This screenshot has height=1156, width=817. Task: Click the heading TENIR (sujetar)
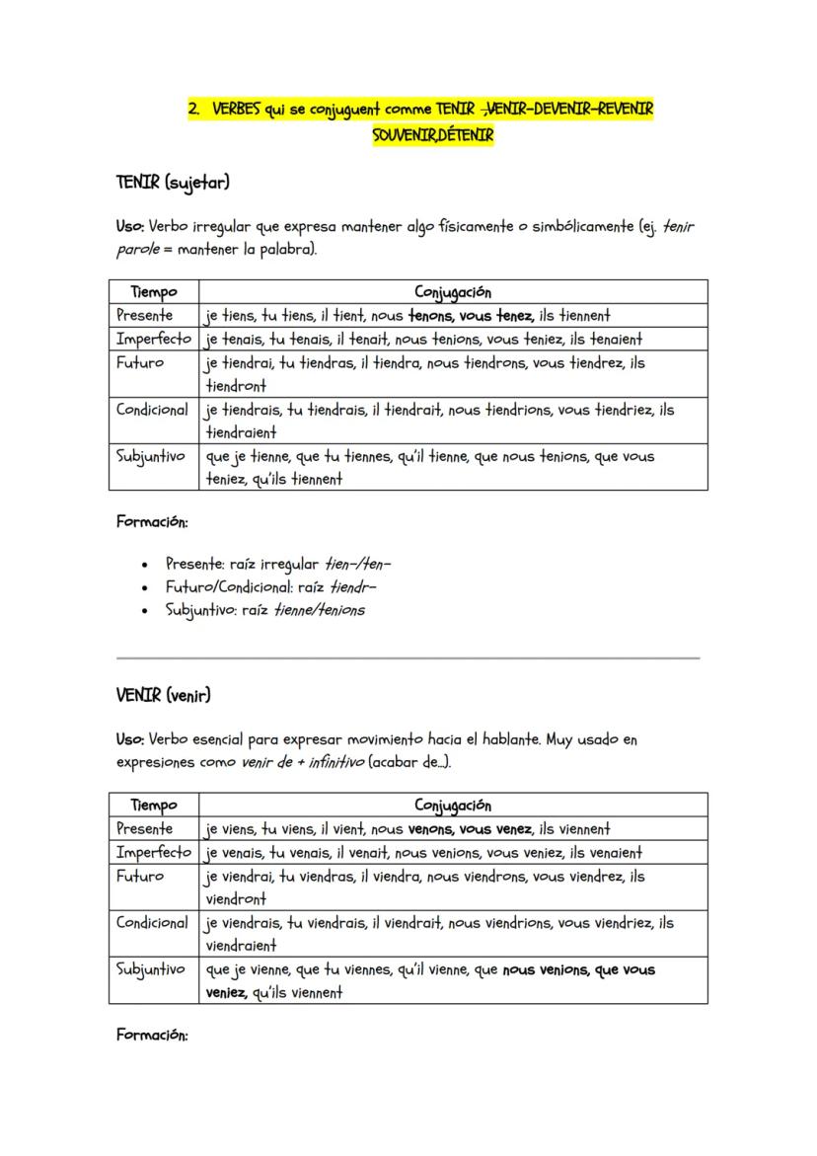click(173, 184)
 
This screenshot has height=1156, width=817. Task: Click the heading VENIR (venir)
click(164, 696)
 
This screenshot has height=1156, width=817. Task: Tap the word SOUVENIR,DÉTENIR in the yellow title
click(433, 136)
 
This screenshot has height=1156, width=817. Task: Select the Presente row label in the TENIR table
click(145, 315)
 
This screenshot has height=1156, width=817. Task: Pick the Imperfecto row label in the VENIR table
click(153, 852)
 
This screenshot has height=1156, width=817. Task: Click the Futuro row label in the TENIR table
click(140, 362)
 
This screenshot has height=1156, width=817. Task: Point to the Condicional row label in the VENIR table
click(153, 923)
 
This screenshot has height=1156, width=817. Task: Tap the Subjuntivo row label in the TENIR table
click(151, 456)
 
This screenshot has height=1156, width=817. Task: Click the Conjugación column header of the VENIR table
click(453, 806)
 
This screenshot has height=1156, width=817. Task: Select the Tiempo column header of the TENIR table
click(153, 292)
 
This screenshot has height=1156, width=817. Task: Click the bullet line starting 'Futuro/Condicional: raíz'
click(271, 587)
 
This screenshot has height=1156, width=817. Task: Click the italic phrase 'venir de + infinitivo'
click(302, 763)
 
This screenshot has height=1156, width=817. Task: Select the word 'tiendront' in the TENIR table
click(236, 386)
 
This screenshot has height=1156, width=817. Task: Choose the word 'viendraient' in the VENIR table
click(242, 946)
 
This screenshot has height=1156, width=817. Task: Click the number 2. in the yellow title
click(194, 110)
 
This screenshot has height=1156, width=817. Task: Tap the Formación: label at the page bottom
click(152, 1035)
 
